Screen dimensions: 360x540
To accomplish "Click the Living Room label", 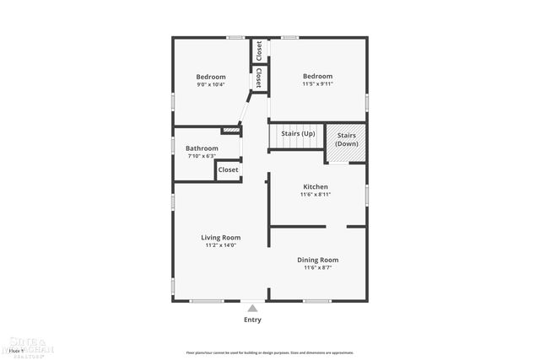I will coord(221,237).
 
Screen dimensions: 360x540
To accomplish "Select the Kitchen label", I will coord(316,186).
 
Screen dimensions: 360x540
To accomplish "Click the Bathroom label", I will coord(202,148).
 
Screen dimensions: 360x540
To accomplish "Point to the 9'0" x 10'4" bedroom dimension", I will coord(211,84).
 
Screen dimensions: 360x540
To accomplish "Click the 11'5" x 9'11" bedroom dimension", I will coord(318,84).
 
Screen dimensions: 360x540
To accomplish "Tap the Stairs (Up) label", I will coord(298,133).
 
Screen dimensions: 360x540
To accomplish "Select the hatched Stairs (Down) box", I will coord(347,140).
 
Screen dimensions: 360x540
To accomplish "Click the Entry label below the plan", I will coord(252,320).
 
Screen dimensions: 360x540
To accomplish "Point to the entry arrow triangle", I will coord(252,308).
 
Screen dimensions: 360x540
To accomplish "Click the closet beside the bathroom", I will coord(229,169).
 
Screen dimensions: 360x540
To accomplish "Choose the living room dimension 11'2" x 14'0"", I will coord(221,245).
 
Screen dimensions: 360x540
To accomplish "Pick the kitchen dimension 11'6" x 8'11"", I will coord(316,195).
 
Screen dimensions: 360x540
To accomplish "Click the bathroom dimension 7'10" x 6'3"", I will coord(202,156).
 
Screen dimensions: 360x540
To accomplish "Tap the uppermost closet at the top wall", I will coord(259,50).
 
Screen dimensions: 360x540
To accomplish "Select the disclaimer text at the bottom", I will coord(269,352).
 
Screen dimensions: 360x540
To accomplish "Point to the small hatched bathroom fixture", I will coord(230,131).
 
